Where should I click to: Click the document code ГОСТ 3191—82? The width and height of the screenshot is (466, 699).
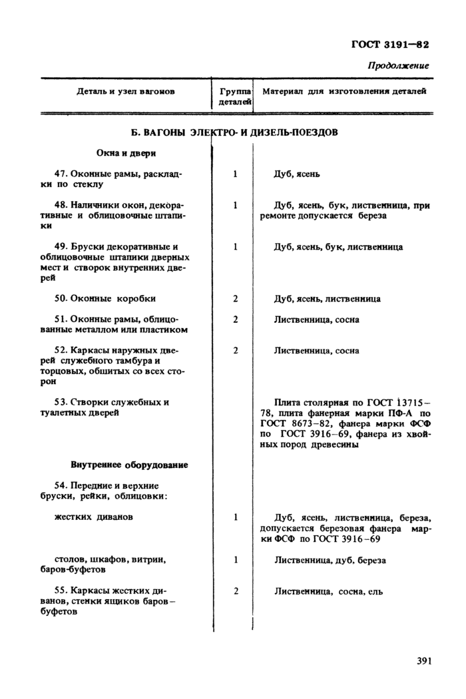coord(389,45)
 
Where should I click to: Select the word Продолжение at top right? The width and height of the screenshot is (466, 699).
coord(398,65)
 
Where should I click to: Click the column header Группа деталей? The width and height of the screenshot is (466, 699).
coord(235,97)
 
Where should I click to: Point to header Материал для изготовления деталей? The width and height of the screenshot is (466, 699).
coord(344,91)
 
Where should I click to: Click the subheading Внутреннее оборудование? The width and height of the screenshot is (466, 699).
coord(128,464)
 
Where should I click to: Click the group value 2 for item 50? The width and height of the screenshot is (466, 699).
coord(236,299)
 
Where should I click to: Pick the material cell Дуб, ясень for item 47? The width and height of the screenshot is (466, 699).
coord(297,174)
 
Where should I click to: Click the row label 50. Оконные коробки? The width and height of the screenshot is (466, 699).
coord(105,299)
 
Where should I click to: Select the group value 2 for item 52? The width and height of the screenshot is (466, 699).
coord(236,350)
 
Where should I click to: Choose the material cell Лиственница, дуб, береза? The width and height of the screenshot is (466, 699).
coord(330,560)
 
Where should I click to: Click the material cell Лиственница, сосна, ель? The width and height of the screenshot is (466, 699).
coord(328,590)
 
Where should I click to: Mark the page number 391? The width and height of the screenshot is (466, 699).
coord(425,661)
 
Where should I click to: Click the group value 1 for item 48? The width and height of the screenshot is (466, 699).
coord(236,206)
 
